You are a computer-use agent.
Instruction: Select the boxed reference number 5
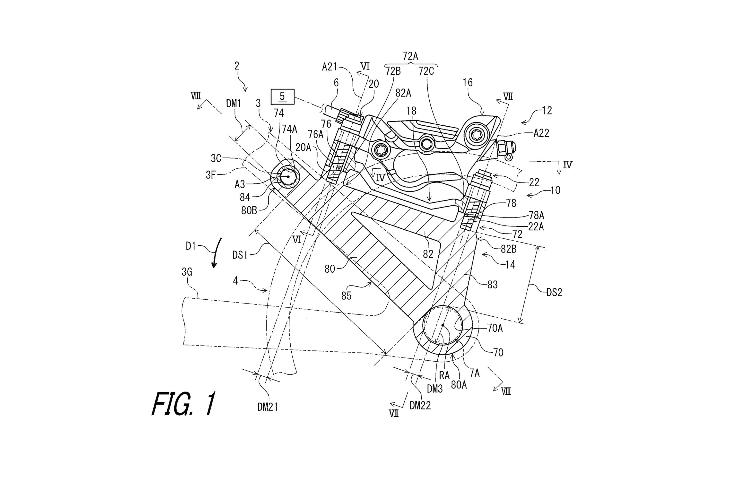pyautogui.click(x=282, y=96)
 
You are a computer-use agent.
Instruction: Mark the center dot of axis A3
pyautogui.click(x=288, y=177)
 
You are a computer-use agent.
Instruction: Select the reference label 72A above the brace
pyautogui.click(x=410, y=56)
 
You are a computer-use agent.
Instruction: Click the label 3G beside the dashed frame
pyautogui.click(x=187, y=272)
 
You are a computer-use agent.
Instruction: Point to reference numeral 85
pyautogui.click(x=346, y=296)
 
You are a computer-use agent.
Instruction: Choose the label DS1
pyautogui.click(x=240, y=255)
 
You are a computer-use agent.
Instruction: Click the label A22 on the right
pyautogui.click(x=541, y=133)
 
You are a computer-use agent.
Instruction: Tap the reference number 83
pyautogui.click(x=493, y=285)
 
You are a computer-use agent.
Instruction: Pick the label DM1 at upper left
pyautogui.click(x=233, y=104)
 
